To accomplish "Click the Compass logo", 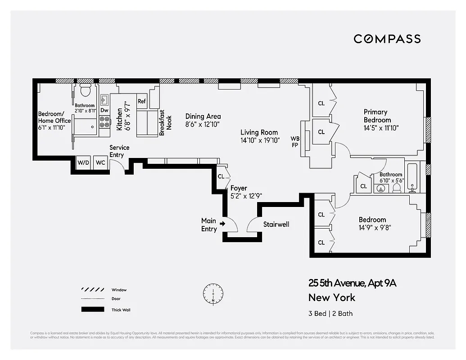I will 387,39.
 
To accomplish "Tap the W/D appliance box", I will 83,162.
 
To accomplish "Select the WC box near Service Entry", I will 100,162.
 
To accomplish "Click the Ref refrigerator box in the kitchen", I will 142,101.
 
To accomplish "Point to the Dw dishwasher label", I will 104,110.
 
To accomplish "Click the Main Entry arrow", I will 222,223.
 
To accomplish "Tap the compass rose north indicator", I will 213,293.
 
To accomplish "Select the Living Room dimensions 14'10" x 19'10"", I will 260,140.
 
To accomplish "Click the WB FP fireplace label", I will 295,142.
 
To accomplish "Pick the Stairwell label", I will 276,224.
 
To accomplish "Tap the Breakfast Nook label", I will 166,123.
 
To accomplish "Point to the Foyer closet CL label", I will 221,176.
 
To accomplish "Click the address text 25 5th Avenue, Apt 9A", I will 352,283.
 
